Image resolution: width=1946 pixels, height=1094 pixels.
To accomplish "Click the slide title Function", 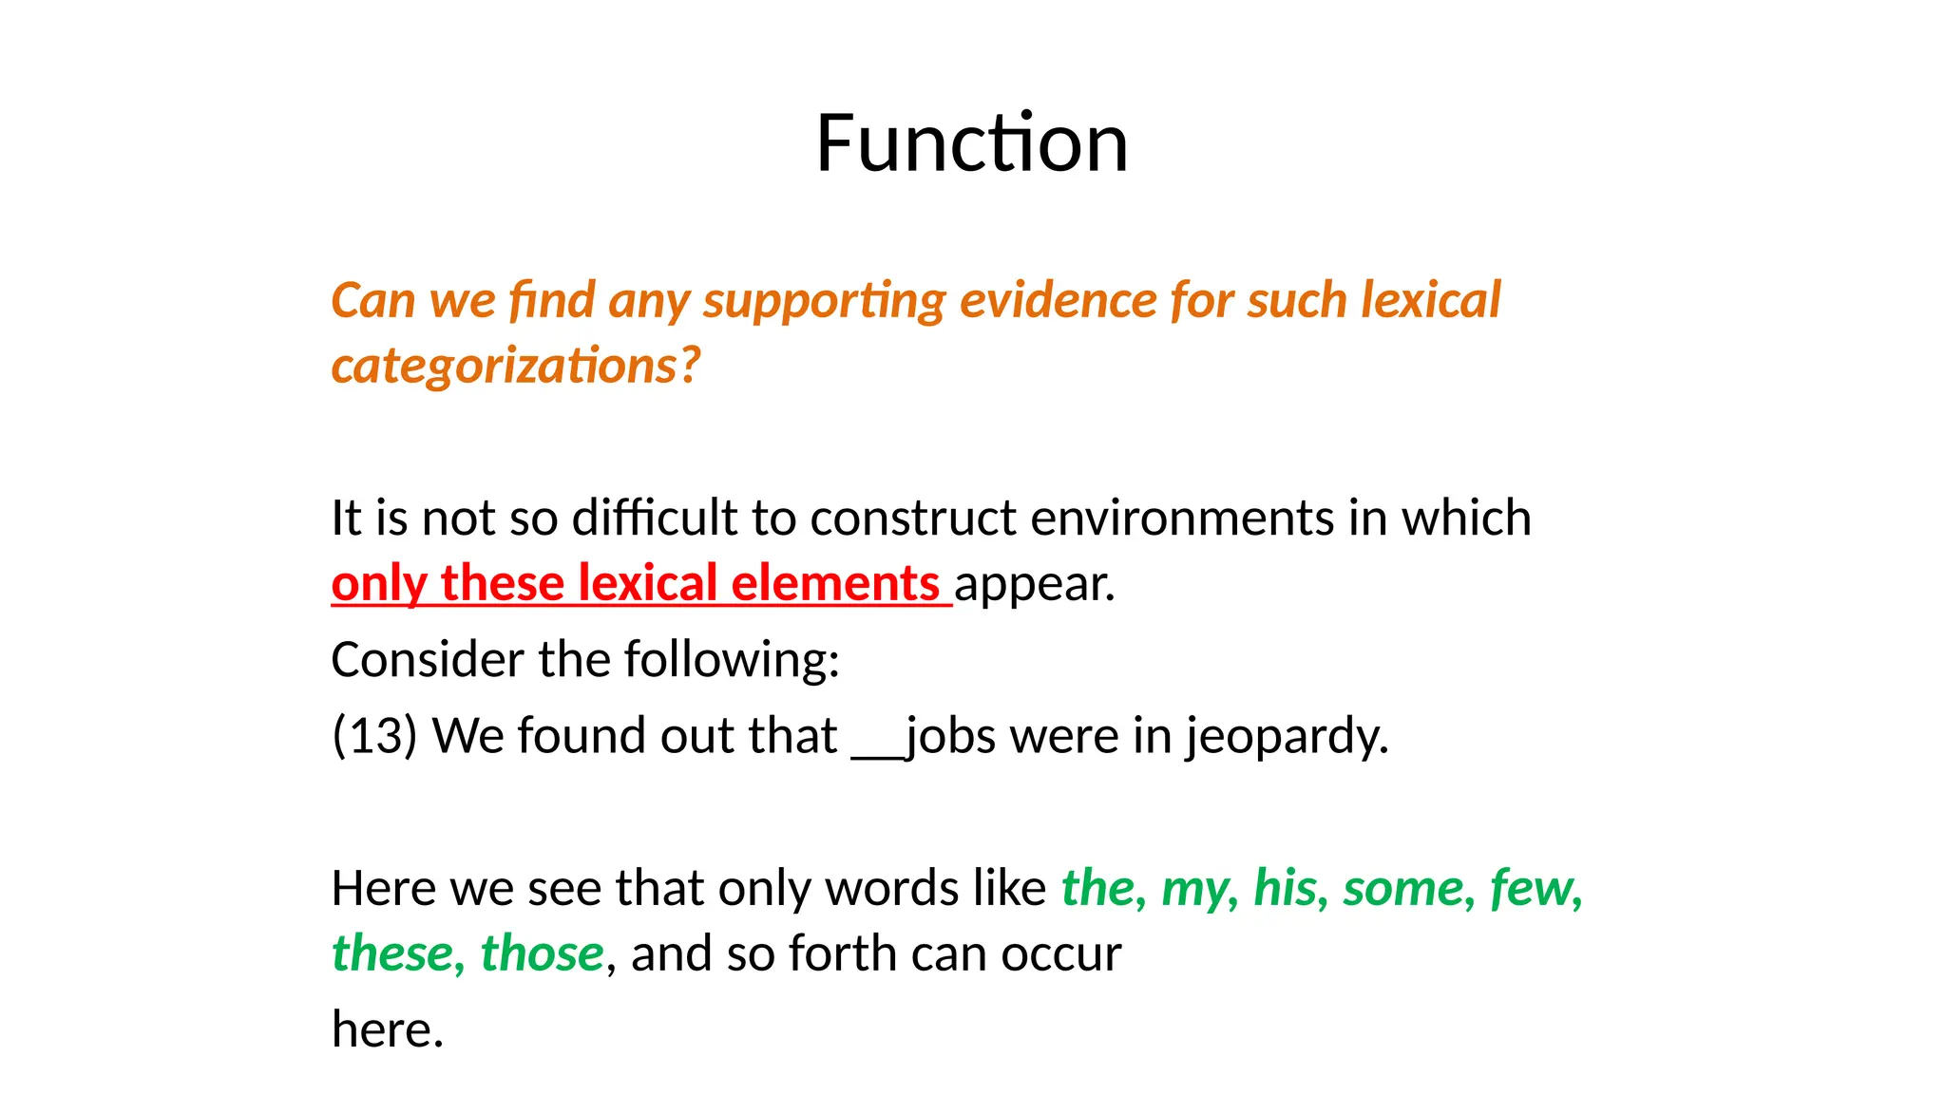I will pos(972,143).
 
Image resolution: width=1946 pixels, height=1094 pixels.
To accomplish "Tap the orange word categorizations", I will pos(514,366).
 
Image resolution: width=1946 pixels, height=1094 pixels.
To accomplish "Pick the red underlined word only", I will pos(378,583).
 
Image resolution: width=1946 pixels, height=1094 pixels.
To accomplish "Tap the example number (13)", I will pos(374,736).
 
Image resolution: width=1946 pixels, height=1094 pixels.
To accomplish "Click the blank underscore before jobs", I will pos(876,750).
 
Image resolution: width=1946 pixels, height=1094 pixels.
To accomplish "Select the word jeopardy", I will pos(1286,736).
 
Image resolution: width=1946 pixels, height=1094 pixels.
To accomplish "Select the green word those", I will pos(542,953).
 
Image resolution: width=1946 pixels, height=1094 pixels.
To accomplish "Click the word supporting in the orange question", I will pos(824,300).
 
